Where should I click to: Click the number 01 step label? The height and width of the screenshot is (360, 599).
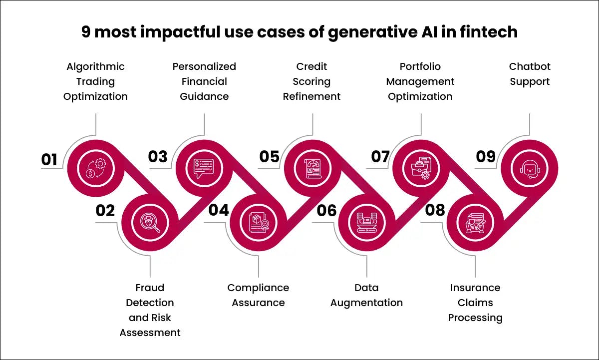pos(49,159)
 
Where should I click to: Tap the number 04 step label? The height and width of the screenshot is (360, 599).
pos(219,210)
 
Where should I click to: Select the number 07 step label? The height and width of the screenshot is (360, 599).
pos(380,157)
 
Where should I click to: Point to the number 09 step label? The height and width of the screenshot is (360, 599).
pos(485,157)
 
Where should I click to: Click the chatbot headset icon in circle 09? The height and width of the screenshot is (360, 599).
pos(529,168)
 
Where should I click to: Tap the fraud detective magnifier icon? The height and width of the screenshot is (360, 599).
pos(150,222)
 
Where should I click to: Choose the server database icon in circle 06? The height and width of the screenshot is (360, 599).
pos(366,222)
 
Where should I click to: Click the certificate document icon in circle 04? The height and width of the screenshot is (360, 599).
pos(258,222)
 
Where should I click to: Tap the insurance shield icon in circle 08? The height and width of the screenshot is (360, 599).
pos(475,222)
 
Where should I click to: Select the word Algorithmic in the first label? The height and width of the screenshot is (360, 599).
pos(95,66)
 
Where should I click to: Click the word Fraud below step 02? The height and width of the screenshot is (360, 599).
pos(150,288)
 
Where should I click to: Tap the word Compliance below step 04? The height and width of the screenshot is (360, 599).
pos(258,288)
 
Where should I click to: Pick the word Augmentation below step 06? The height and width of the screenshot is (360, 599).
pos(366,303)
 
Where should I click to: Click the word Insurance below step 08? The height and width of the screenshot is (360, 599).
pos(475,288)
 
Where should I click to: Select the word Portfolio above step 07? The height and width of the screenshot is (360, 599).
pos(420,66)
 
